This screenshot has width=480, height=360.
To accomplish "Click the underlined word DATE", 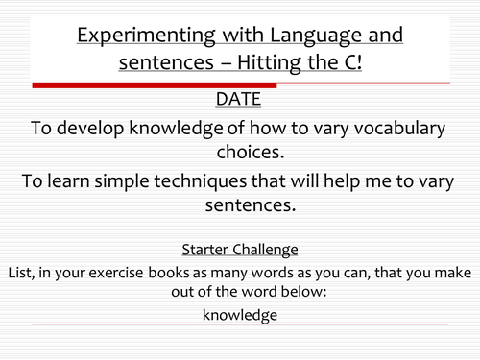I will (240, 99).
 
